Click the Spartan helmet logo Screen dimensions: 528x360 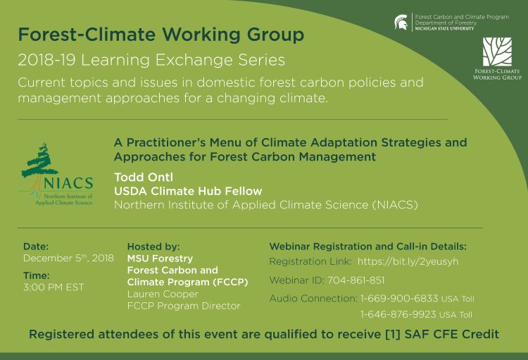click(x=401, y=23)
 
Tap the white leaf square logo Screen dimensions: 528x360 click(x=497, y=51)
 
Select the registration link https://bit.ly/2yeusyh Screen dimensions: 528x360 click(x=408, y=261)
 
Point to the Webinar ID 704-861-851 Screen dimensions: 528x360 click(x=356, y=280)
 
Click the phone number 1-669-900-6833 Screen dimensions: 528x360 click(x=399, y=298)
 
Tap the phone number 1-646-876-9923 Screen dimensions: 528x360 click(x=398, y=314)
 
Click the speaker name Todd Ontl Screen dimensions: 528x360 click(x=144, y=177)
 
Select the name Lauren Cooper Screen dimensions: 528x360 click(x=163, y=294)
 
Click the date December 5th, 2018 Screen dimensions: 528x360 click(x=68, y=259)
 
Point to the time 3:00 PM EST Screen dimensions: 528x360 click(x=54, y=287)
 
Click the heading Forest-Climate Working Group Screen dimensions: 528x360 click(x=161, y=35)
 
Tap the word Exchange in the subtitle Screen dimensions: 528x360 click(x=194, y=61)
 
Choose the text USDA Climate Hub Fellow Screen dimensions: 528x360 click(x=188, y=191)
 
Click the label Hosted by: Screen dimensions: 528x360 click(x=153, y=247)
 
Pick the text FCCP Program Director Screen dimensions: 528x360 click(x=184, y=306)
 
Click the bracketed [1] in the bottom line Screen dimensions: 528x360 click(x=393, y=335)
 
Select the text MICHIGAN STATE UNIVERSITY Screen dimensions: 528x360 click(x=444, y=29)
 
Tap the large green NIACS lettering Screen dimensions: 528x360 click(x=68, y=183)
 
